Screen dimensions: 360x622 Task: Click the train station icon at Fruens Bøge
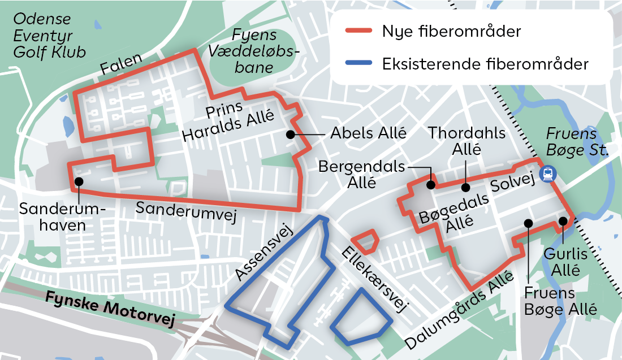coord(547,174)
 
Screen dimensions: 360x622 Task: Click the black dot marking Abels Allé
coord(290,135)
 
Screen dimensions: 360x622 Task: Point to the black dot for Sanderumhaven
coord(79,181)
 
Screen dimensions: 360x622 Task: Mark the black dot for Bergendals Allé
coord(430,184)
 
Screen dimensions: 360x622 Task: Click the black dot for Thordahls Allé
coord(465,188)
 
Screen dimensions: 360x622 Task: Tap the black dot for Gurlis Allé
coord(563,220)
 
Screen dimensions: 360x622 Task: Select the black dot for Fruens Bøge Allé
coord(528,223)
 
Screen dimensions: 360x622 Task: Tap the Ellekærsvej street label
coord(374,279)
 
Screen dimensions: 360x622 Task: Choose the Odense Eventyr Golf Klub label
coord(50,35)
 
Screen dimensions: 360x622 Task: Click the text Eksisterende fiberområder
coord(485,63)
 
